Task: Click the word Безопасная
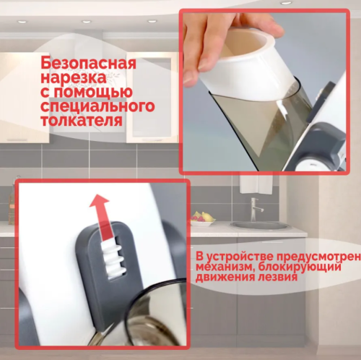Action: tap(88, 63)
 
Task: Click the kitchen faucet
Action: tap(253, 210)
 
